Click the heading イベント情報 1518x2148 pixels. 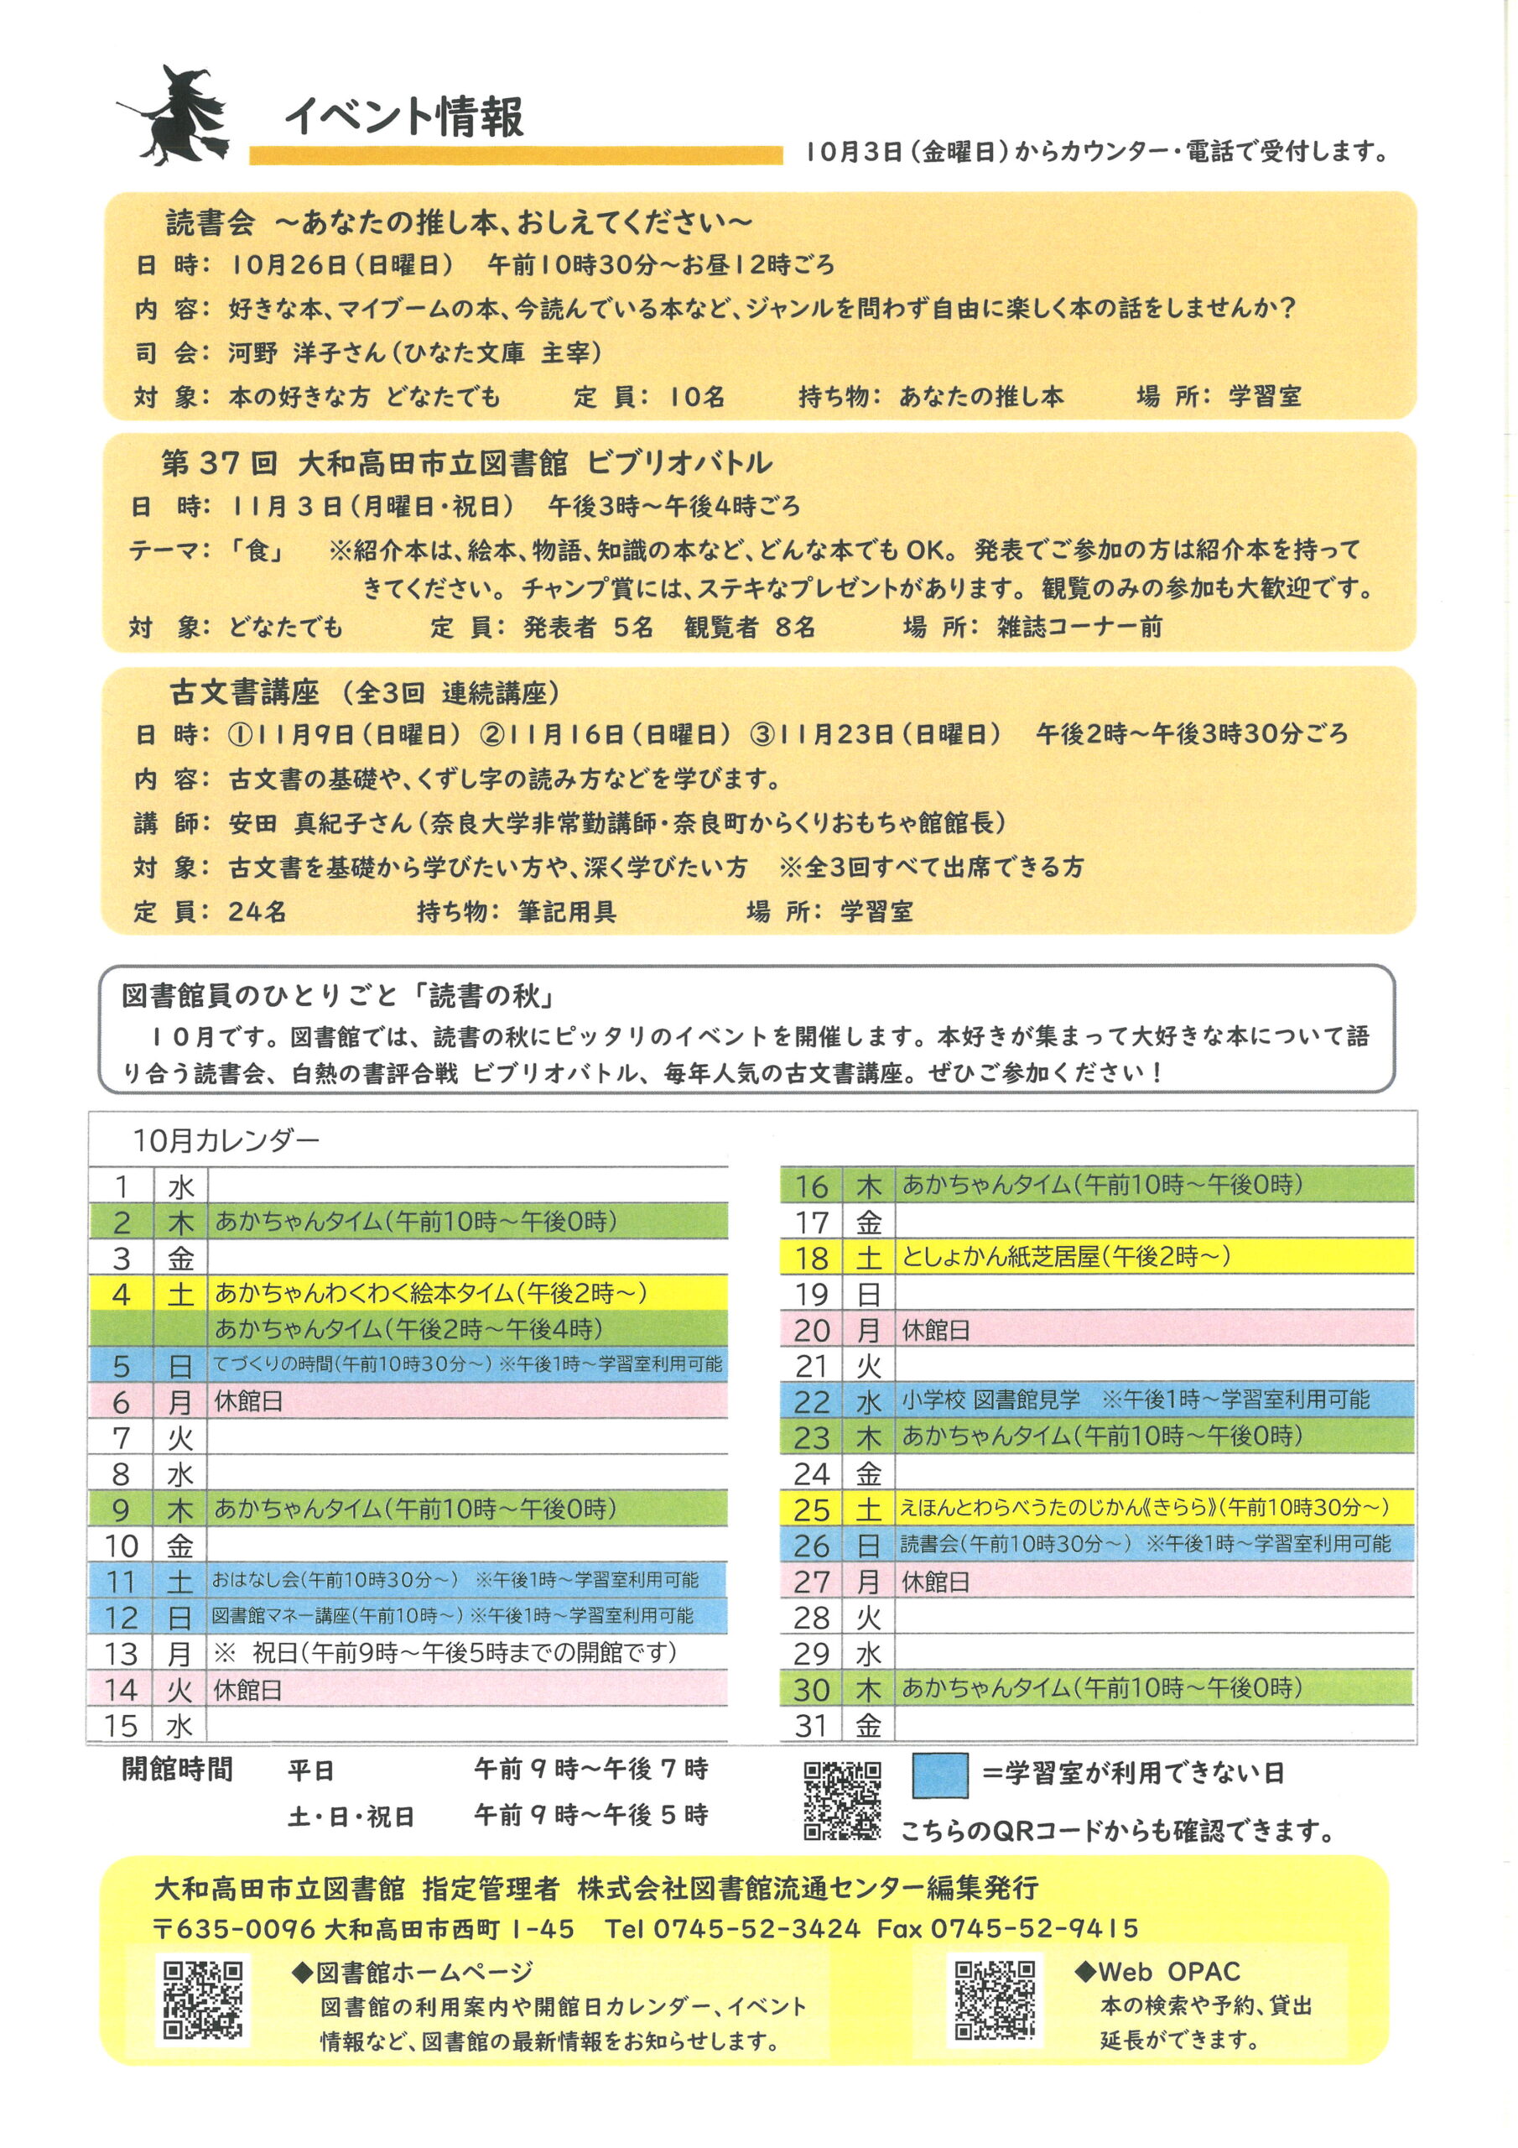404,116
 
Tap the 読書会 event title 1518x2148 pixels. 210,222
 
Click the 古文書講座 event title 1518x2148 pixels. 244,693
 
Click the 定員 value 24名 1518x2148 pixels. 257,911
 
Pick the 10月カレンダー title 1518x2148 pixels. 226,1140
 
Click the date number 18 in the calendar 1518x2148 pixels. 811,1259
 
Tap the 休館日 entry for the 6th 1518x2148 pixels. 248,1401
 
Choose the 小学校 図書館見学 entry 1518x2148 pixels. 990,1400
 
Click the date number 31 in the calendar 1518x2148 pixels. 811,1725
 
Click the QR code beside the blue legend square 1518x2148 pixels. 842,1801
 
